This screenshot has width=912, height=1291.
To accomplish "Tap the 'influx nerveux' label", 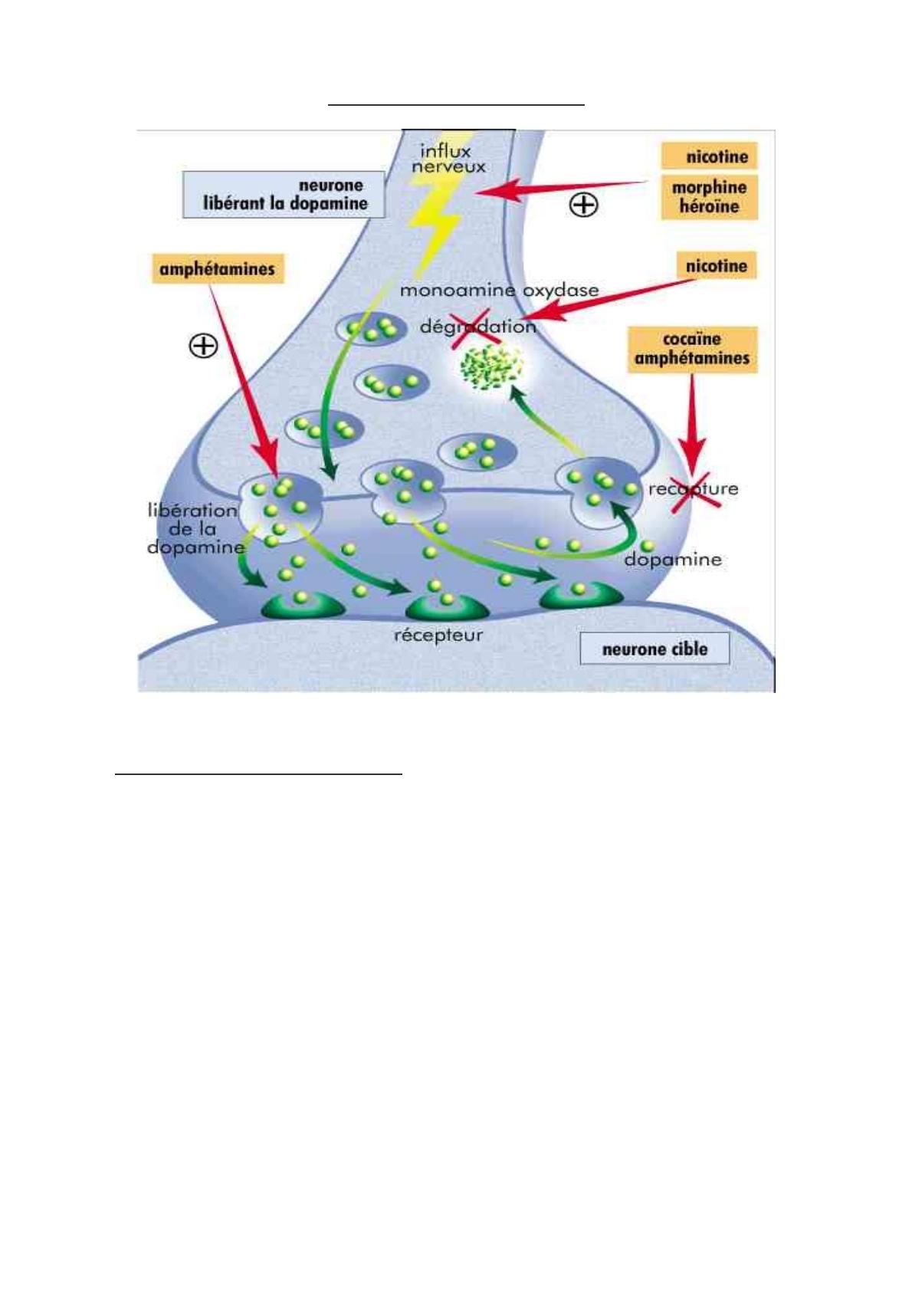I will coord(448,159).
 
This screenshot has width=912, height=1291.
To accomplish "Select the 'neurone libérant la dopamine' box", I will coord(284,195).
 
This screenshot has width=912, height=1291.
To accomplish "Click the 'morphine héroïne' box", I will coord(709,197).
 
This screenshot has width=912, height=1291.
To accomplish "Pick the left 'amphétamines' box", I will coord(218,269).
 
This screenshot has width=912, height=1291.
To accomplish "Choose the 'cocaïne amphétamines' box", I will coord(692,350).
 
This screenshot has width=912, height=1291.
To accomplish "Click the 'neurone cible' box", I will coord(654,649).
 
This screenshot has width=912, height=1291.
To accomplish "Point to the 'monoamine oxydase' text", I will coord(499,291).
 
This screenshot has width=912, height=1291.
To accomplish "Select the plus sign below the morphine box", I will coord(584,205).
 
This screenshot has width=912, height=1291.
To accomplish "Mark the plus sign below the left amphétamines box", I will coord(203,346).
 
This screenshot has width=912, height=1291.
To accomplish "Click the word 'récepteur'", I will coord(438,636).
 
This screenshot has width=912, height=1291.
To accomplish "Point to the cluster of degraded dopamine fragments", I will coord(491,366).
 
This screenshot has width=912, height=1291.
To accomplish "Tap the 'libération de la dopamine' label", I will coord(193,528).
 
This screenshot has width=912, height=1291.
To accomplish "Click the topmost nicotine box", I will coord(717,157).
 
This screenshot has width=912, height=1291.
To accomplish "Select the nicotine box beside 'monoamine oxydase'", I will coord(717,266).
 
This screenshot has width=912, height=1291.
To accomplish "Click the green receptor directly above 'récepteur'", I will coord(447,607).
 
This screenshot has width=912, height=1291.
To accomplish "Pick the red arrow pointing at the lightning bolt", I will coord(563,187).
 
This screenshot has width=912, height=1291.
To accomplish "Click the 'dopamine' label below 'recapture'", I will coord(673,560).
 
